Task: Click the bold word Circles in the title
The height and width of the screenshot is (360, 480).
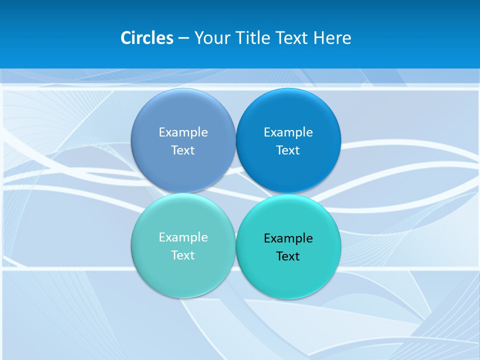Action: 147,38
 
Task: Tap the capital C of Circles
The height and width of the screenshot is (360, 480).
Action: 126,38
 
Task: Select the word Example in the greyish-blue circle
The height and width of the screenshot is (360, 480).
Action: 183,132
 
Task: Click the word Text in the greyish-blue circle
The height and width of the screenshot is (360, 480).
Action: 183,150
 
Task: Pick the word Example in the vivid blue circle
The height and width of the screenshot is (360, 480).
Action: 288,132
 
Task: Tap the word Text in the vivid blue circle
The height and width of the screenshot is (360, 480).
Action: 288,150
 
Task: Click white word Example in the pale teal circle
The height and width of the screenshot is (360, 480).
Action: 183,237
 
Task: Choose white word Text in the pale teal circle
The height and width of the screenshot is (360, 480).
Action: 183,255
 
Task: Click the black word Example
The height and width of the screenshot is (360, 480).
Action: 288,238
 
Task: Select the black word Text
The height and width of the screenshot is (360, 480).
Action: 288,256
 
